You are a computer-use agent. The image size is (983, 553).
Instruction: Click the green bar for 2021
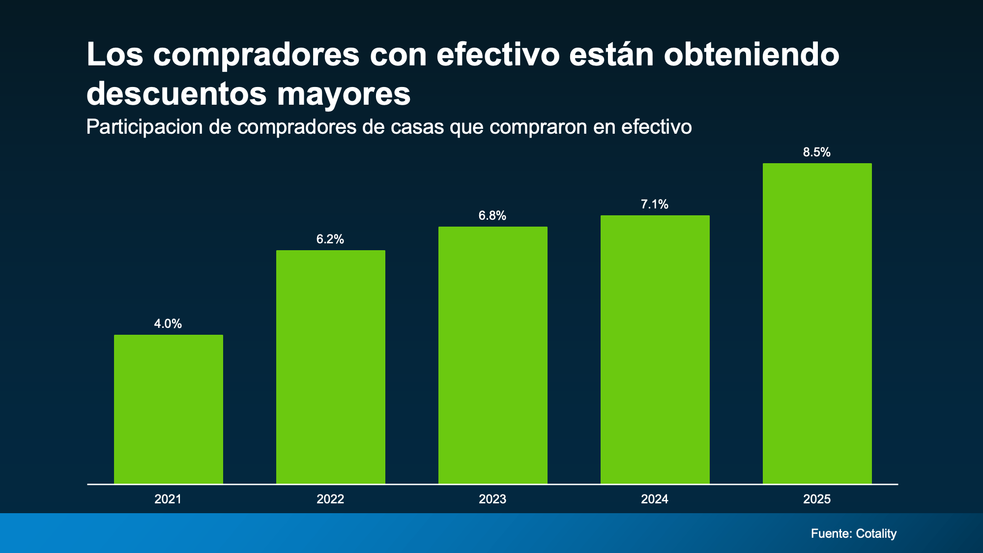[x=168, y=409]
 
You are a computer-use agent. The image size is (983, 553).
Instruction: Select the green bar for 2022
[x=330, y=367]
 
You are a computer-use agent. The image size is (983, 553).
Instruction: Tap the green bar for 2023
[x=492, y=355]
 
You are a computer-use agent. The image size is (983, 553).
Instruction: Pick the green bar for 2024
[x=655, y=349]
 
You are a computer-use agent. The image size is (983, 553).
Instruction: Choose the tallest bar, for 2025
[x=817, y=323]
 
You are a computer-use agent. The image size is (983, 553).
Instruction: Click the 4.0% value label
[x=168, y=323]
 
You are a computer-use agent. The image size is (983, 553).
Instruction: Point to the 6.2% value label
[x=330, y=239]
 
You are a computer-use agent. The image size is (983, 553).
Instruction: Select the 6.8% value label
[x=492, y=215]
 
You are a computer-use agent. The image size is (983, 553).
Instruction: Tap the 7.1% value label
[x=655, y=204]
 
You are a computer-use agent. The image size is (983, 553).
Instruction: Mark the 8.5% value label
[x=817, y=152]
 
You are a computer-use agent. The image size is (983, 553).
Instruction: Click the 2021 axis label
[x=168, y=499]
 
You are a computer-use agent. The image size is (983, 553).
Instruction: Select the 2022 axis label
[x=330, y=499]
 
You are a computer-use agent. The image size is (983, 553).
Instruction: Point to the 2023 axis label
[x=492, y=499]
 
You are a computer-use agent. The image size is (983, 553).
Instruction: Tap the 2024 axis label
[x=655, y=499]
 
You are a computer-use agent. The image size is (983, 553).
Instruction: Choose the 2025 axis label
[x=817, y=499]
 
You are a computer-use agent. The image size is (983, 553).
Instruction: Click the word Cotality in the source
[x=876, y=533]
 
